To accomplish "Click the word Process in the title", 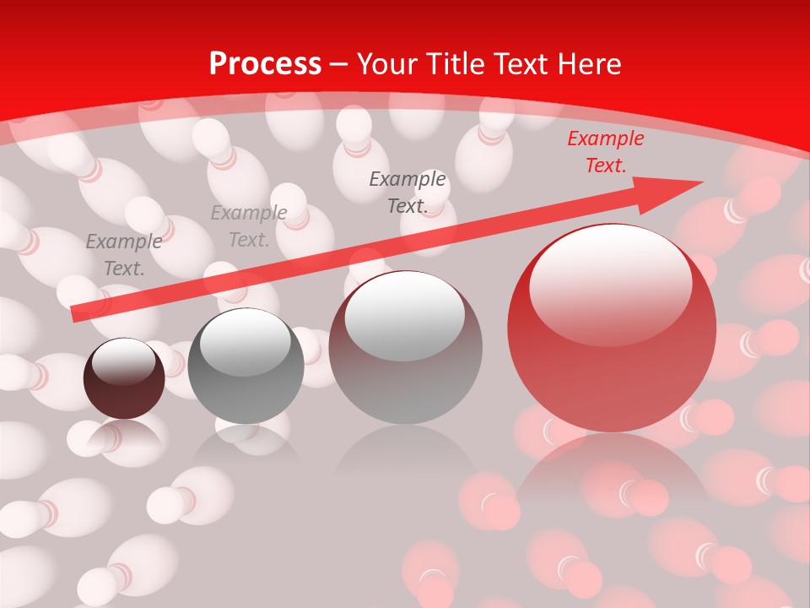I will pos(265,64).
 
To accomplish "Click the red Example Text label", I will pos(605,152).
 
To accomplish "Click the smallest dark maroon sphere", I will pos(124,379).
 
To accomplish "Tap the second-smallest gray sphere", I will pos(246,366).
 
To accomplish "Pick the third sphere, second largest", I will pos(405,347).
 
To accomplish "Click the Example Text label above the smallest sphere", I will pos(124,255).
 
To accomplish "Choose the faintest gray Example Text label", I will pos(248,226).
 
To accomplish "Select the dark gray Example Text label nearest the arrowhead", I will pos(408,192).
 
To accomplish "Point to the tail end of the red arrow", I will pos(76,313).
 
